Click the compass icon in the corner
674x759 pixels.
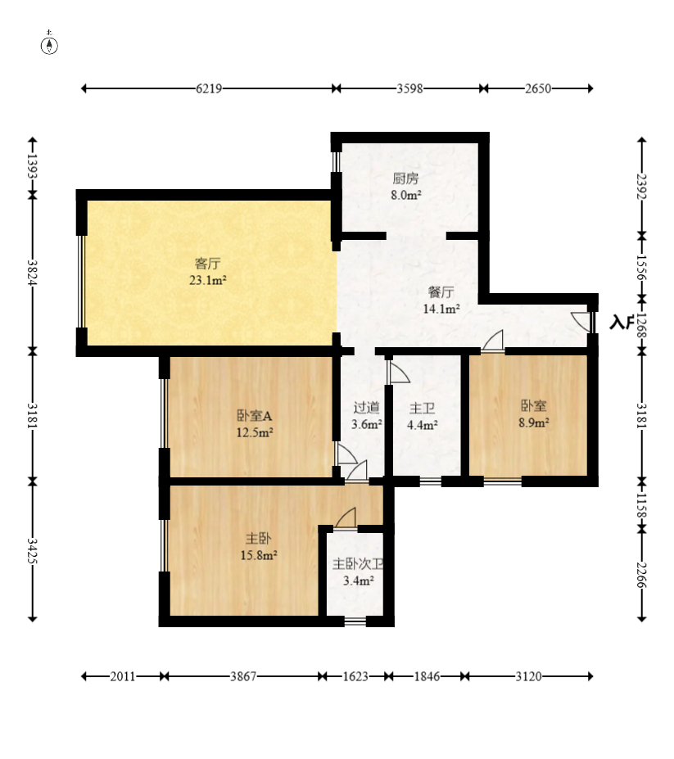[x=49, y=43]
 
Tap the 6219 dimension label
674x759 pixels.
[x=209, y=88]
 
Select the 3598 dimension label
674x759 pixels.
[x=409, y=88]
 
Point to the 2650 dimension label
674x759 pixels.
[x=538, y=88]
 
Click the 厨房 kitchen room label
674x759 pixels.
[x=405, y=178]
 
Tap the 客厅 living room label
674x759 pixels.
[x=208, y=264]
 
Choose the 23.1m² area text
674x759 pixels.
[x=208, y=280]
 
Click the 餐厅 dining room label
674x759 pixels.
[x=441, y=291]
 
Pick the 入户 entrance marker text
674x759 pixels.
[x=622, y=322]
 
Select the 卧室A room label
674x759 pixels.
[x=254, y=415]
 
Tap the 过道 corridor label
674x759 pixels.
[x=367, y=408]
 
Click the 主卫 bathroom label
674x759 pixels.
[x=423, y=408]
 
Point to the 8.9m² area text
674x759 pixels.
[x=534, y=422]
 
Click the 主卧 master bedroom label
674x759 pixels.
[x=259, y=538]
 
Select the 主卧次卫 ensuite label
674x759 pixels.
[x=359, y=564]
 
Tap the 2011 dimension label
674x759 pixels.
[x=123, y=676]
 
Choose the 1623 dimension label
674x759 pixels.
[x=355, y=676]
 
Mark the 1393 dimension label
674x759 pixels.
[x=33, y=166]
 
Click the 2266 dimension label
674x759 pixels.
[x=641, y=575]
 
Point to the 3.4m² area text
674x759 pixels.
[x=359, y=581]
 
